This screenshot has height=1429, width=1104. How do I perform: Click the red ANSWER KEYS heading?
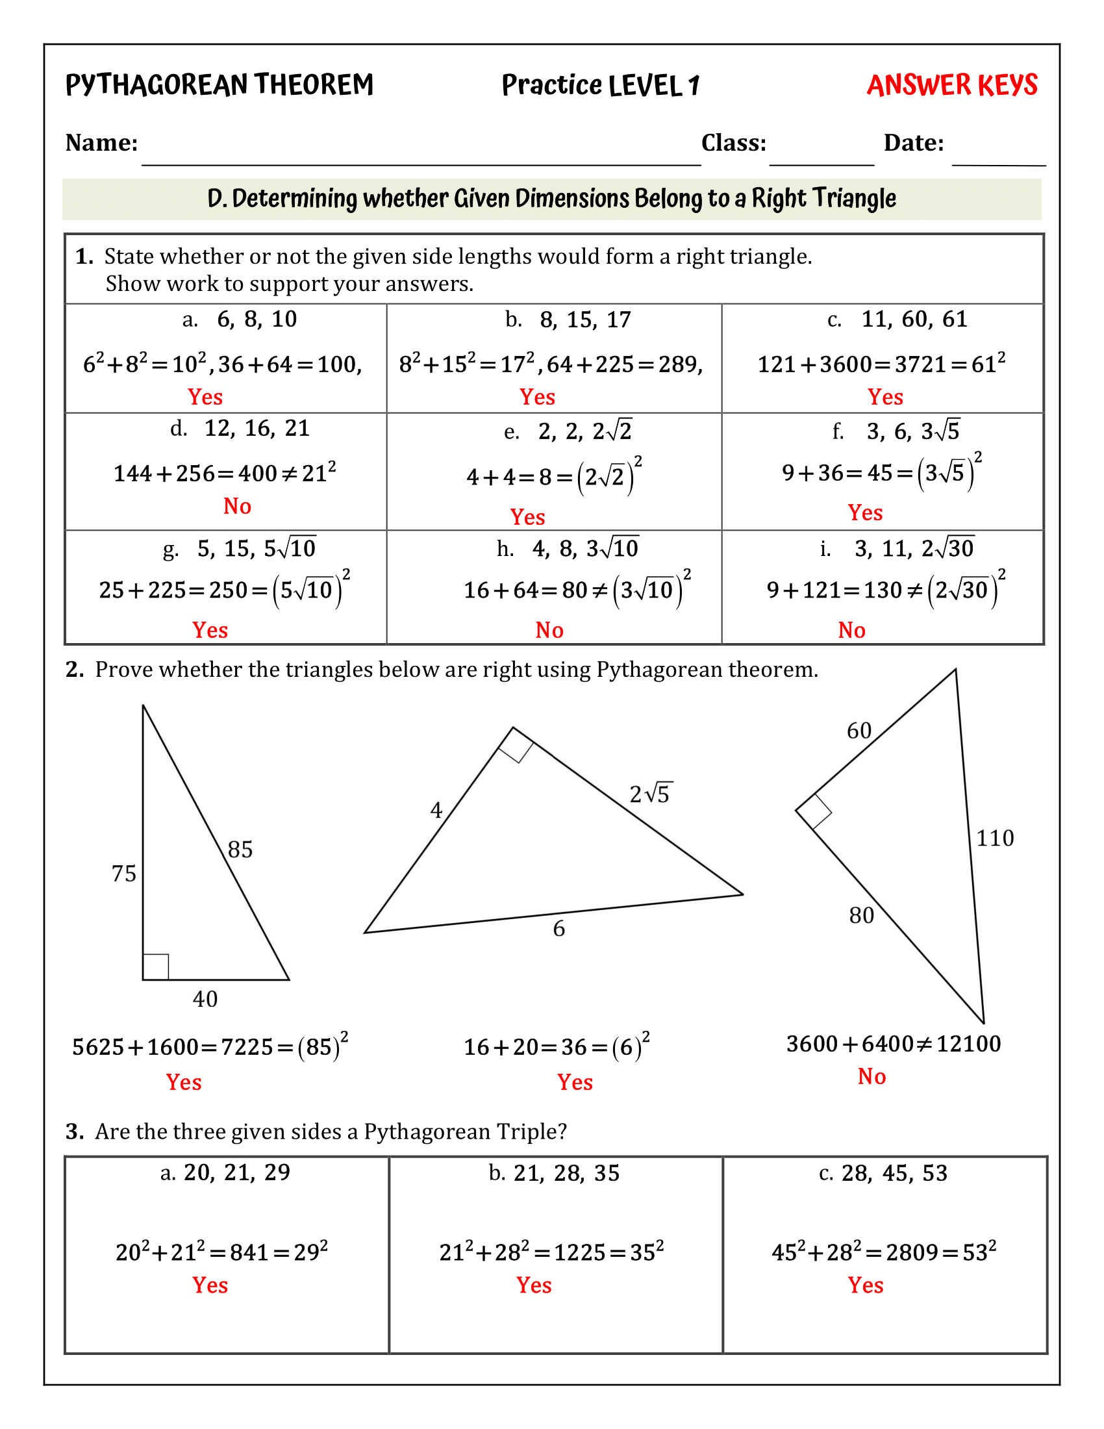pyautogui.click(x=951, y=86)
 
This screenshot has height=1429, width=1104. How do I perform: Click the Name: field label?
pyautogui.click(x=101, y=143)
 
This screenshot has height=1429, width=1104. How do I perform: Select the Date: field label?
pyautogui.click(x=914, y=143)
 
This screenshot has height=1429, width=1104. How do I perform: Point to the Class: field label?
pyautogui.click(x=733, y=143)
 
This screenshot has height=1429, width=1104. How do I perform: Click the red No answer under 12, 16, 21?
pyautogui.click(x=237, y=506)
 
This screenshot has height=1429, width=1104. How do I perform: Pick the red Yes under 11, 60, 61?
pyautogui.click(x=885, y=396)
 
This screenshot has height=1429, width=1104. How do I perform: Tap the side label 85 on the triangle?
pyautogui.click(x=240, y=850)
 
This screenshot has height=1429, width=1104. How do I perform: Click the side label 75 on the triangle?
pyautogui.click(x=123, y=874)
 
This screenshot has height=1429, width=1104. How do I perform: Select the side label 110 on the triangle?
pyautogui.click(x=995, y=838)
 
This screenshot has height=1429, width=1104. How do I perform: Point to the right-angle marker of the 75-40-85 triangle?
pyautogui.click(x=156, y=967)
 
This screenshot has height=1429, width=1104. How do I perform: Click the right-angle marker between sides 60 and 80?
pyautogui.click(x=814, y=812)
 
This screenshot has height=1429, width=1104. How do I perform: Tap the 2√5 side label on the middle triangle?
pyautogui.click(x=650, y=794)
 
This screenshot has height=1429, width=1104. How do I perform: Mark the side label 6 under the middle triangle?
pyautogui.click(x=558, y=928)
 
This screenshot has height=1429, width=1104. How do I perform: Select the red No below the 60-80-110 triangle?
pyautogui.click(x=871, y=1076)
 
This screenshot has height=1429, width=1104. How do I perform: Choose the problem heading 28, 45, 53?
pyautogui.click(x=894, y=1173)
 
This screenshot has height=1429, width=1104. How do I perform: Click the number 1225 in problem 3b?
pyautogui.click(x=579, y=1252)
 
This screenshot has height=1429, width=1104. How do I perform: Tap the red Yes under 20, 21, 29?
pyautogui.click(x=210, y=1285)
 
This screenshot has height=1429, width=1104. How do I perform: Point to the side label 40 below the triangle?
pyautogui.click(x=205, y=999)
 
